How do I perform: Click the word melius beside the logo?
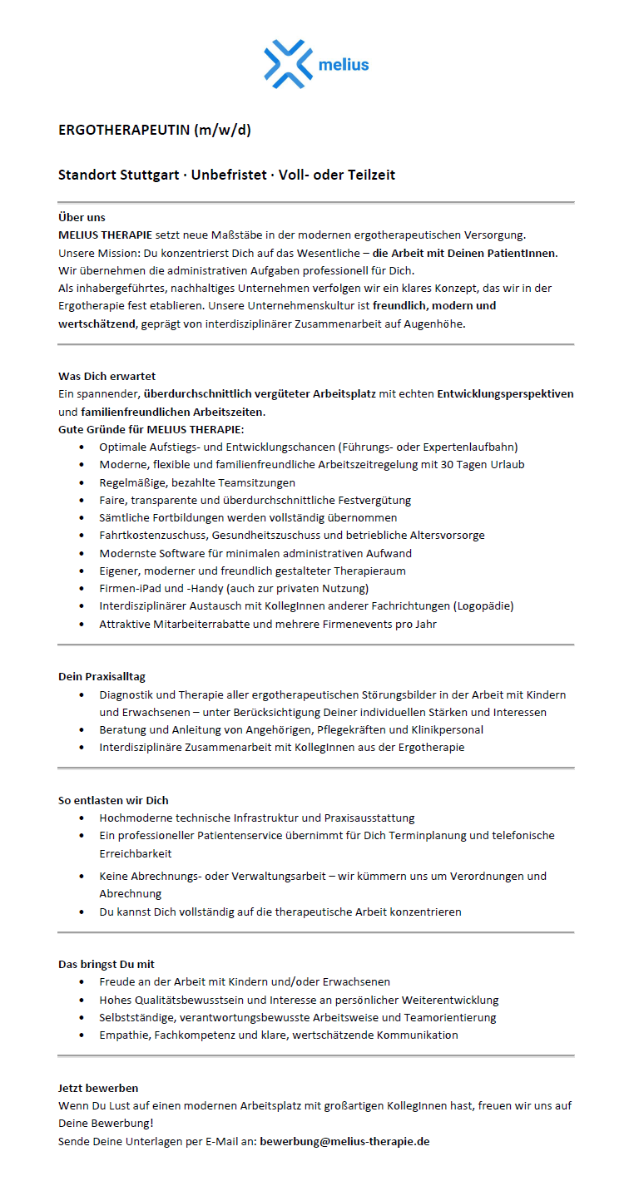[343, 64]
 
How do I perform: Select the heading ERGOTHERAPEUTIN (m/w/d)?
[154, 130]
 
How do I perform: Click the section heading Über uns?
[82, 217]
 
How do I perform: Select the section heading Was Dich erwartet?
[106, 376]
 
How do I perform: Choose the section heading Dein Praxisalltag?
[102, 676]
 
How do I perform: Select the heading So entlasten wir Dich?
[113, 800]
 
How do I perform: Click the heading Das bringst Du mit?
[106, 964]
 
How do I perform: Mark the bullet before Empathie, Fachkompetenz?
[81, 1035]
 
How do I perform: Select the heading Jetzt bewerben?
[98, 1088]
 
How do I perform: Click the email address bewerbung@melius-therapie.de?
[344, 1141]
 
